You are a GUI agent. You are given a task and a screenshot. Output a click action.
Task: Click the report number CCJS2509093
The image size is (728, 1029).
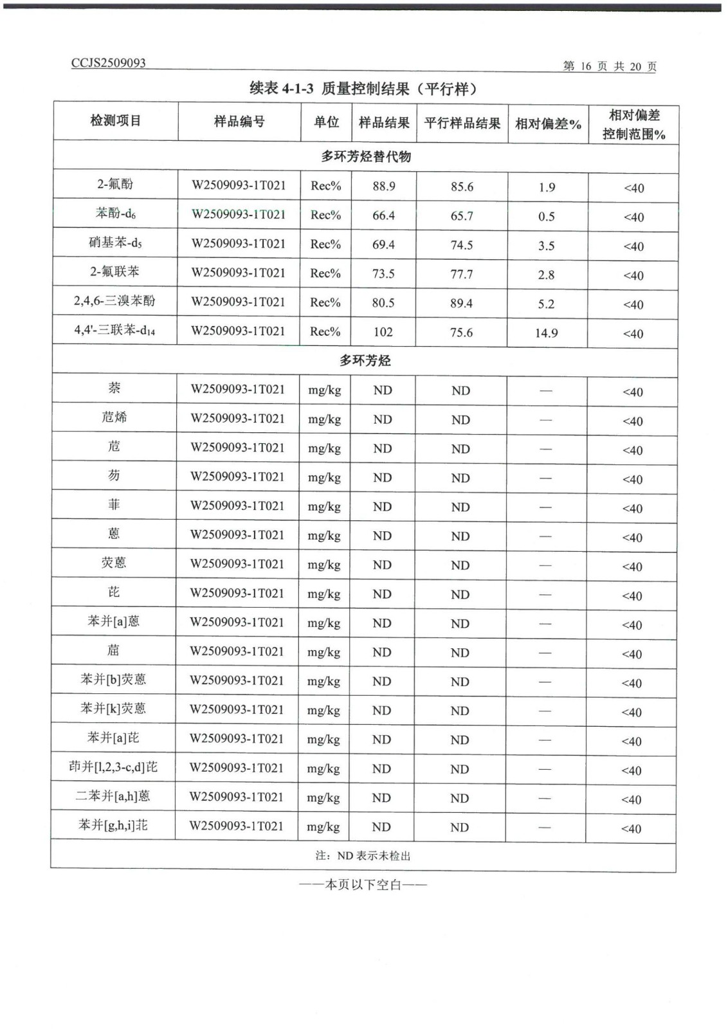tap(109, 63)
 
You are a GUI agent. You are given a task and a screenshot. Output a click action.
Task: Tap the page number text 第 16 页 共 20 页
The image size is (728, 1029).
tap(609, 66)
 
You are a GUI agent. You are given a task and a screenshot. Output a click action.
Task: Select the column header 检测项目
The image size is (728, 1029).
tap(116, 120)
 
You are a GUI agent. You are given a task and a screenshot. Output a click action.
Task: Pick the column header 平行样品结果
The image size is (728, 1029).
tap(462, 123)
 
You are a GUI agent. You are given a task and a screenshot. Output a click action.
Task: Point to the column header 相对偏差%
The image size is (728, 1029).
tap(548, 123)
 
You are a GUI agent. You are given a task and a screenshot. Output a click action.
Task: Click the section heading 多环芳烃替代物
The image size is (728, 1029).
tap(366, 156)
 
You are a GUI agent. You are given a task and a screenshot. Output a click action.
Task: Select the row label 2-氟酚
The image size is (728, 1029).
tap(115, 184)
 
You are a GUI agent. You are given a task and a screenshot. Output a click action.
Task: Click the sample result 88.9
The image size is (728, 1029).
tap(384, 186)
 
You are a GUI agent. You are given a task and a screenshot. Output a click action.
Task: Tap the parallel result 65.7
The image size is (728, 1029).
tap(462, 216)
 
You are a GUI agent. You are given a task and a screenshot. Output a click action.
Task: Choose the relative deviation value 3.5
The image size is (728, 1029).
tap(547, 246)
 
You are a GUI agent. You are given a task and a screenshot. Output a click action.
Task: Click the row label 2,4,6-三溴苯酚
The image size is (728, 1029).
tap(114, 300)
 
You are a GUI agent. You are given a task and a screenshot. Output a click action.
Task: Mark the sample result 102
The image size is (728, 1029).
tap(383, 332)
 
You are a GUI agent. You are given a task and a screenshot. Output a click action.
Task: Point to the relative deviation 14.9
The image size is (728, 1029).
tap(546, 333)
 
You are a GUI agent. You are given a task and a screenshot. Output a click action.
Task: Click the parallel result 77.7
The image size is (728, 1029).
tap(462, 275)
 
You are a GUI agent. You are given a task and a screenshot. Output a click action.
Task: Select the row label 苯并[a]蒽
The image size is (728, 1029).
tap(113, 621)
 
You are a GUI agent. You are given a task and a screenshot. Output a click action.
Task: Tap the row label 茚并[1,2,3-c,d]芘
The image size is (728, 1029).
tap(113, 767)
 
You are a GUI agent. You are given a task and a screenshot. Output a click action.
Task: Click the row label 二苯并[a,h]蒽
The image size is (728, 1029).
tap(113, 796)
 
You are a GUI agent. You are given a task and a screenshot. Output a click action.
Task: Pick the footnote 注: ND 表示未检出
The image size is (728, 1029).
tap(363, 856)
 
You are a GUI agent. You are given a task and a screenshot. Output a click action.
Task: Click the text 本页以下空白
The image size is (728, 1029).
tap(363, 885)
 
